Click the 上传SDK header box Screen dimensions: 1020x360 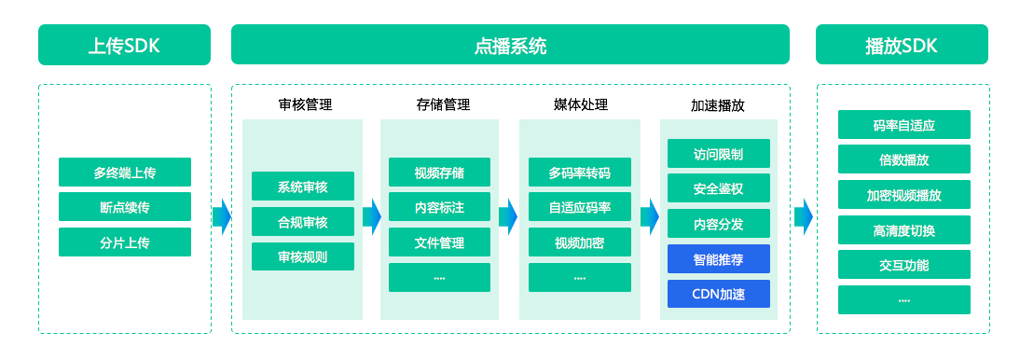tap(124, 45)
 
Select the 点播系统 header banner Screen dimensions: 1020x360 tap(510, 45)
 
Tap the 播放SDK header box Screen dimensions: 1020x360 tap(902, 45)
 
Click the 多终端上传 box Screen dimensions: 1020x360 tap(125, 173)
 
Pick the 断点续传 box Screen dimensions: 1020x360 tap(125, 207)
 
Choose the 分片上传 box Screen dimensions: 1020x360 tap(125, 242)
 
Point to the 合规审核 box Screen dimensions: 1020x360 tap(302, 222)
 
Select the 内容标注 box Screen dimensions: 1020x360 tap(440, 208)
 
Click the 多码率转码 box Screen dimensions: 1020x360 tap(580, 173)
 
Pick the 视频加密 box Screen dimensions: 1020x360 tap(580, 242)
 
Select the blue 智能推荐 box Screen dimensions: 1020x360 tap(719, 259)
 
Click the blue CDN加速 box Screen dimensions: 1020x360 tap(719, 295)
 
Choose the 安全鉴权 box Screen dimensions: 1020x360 tap(719, 188)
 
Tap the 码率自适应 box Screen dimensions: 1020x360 tap(904, 125)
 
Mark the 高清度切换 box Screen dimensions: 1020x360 tap(904, 229)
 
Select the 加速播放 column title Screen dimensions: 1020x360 tap(718, 105)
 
